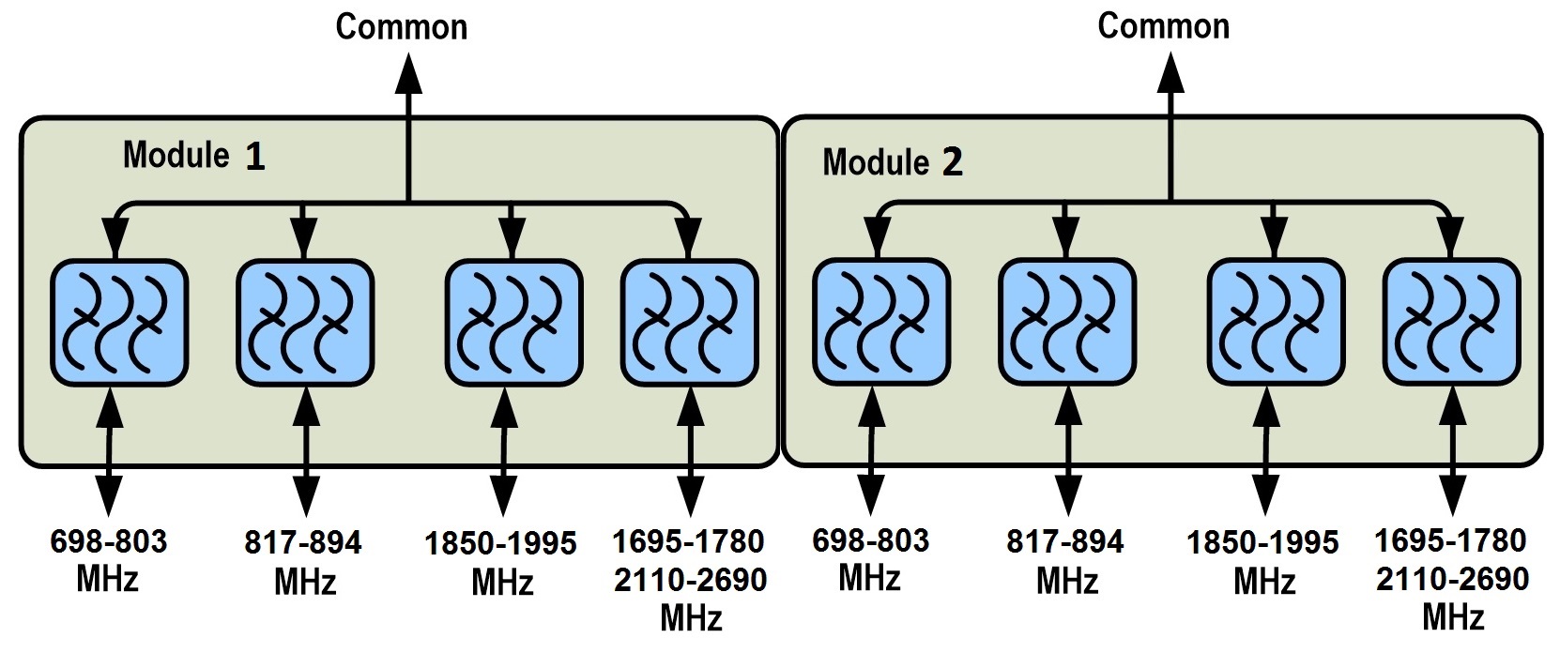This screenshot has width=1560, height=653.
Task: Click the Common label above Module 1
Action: pyautogui.click(x=402, y=26)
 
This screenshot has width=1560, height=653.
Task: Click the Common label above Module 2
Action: pyautogui.click(x=1164, y=25)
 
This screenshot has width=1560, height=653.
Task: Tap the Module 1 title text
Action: pyautogui.click(x=193, y=155)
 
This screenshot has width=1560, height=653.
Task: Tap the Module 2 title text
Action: pyautogui.click(x=893, y=162)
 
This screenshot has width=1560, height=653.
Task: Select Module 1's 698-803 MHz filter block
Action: pyautogui.click(x=119, y=322)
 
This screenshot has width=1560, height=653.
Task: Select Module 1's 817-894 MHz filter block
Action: pyautogui.click(x=305, y=322)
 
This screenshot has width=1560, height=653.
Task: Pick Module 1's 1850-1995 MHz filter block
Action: pyautogui.click(x=513, y=322)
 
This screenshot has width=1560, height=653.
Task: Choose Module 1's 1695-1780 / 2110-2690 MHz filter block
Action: pyautogui.click(x=690, y=322)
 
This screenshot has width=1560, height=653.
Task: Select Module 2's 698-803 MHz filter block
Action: pyautogui.click(x=881, y=322)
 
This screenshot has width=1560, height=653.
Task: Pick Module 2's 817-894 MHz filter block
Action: pyautogui.click(x=1067, y=322)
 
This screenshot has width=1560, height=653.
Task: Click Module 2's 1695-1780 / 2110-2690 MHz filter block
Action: pyautogui.click(x=1452, y=322)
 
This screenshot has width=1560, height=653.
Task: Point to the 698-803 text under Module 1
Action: pyautogui.click(x=108, y=541)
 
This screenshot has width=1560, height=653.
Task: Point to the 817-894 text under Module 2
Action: pyautogui.click(x=1065, y=542)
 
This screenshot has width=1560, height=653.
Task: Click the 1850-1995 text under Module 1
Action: pyautogui.click(x=500, y=544)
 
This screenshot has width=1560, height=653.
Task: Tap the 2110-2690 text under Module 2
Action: pyautogui.click(x=1453, y=579)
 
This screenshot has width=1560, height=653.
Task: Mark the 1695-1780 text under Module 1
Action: pyautogui.click(x=688, y=541)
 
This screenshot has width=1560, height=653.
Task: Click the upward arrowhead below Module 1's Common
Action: pyautogui.click(x=407, y=73)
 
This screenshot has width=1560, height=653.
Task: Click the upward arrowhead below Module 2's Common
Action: pyautogui.click(x=1170, y=73)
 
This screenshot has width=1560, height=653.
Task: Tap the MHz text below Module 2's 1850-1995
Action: pyautogui.click(x=1263, y=582)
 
